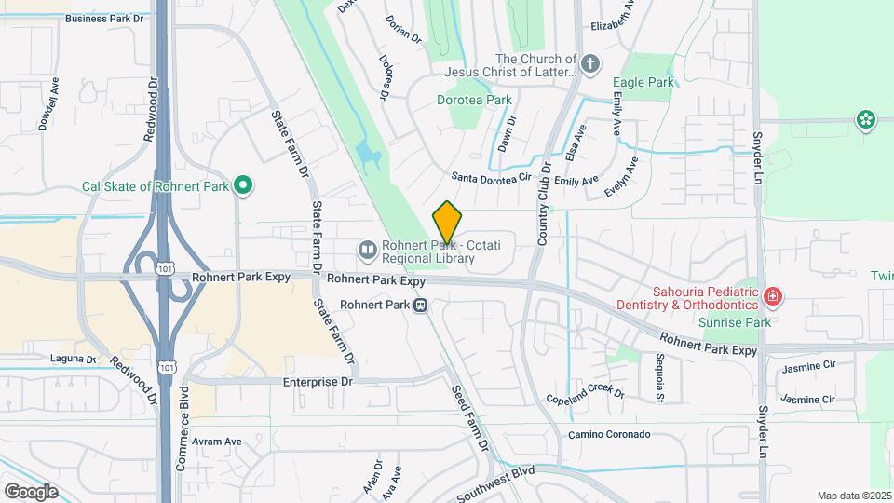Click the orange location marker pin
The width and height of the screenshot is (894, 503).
point(447,222)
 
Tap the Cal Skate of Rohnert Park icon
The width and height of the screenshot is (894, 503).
point(243,185)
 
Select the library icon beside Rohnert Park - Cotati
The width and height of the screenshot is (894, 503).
point(368,250)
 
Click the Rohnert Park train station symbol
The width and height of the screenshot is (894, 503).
point(421,305)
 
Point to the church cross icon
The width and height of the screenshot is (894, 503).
point(589,64)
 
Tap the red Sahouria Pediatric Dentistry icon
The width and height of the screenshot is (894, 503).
point(772,297)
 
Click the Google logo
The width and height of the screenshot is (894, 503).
point(31,491)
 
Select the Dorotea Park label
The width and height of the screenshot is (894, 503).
point(475,99)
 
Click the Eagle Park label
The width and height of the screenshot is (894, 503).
point(643,82)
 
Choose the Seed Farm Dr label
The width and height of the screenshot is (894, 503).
point(469,418)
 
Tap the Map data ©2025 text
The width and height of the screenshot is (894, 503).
point(853,496)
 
